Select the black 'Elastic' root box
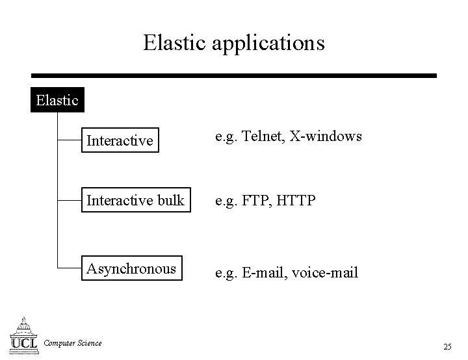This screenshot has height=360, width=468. pyautogui.click(x=57, y=101)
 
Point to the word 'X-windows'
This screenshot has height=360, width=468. pyautogui.click(x=326, y=136)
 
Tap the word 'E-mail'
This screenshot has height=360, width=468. pyautogui.click(x=263, y=273)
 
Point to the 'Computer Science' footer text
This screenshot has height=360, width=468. pyautogui.click(x=72, y=343)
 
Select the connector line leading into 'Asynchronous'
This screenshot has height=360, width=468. pyautogui.click(x=69, y=267)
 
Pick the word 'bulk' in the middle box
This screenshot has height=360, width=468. pyautogui.click(x=170, y=201)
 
